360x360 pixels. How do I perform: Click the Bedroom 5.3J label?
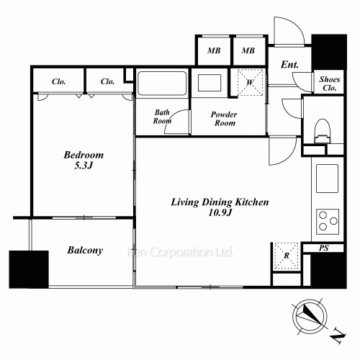click(84, 160)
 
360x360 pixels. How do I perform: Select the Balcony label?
click(85, 251)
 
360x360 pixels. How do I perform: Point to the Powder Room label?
click(224, 119)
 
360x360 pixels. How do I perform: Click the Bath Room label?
click(162, 117)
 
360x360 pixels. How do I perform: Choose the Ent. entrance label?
click(289, 64)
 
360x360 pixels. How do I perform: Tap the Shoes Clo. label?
click(330, 84)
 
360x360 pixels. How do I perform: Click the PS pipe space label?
click(323, 248)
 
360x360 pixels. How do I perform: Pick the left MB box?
click(214, 50)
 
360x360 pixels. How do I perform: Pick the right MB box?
click(248, 50)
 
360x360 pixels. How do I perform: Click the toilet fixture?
click(323, 131)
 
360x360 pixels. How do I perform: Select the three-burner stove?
click(328, 222)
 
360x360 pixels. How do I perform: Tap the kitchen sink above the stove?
click(327, 179)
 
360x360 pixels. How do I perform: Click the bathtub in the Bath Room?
click(162, 83)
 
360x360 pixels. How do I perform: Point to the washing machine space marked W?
click(250, 82)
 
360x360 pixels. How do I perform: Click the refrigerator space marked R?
click(287, 256)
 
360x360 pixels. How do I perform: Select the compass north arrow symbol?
click(310, 316)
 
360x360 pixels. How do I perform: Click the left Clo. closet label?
click(58, 81)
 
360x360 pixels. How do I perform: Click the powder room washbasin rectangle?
click(210, 83)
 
